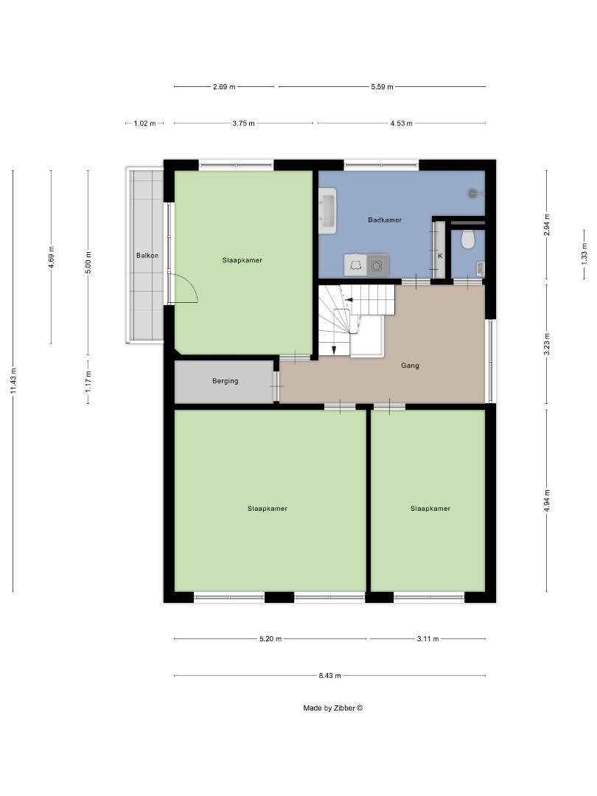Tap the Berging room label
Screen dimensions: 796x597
coord(224,381)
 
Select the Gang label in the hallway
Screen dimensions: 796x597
coord(411,365)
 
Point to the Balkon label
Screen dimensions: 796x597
coord(147,256)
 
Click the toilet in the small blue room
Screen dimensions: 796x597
coord(466,240)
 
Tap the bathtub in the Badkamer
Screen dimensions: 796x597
coord(327,210)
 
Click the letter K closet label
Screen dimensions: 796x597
coord(440,256)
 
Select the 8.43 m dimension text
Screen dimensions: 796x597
coord(329,675)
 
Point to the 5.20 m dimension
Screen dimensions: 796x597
coord(270,639)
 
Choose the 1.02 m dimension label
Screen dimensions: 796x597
coord(144,123)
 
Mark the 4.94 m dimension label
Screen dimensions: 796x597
coord(546,500)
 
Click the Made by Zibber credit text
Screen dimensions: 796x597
coord(333,708)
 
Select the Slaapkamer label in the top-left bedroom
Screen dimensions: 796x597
coord(242,260)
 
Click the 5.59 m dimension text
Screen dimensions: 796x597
coord(382,86)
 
